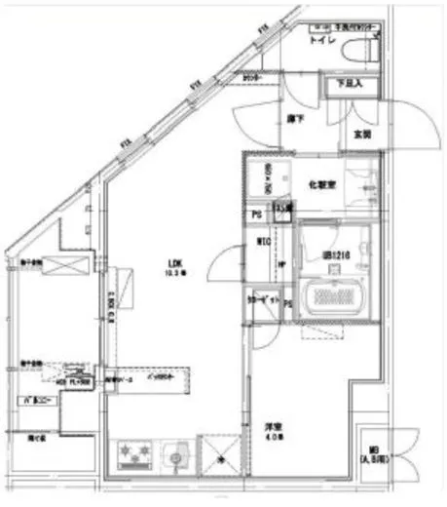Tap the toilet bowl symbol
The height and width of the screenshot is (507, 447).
pyautogui.click(x=359, y=54)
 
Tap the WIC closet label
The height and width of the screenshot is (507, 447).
pyautogui.click(x=263, y=241)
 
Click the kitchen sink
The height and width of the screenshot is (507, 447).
pyautogui.click(x=174, y=454)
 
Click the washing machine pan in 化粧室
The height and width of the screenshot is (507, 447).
pyautogui.click(x=260, y=179)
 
